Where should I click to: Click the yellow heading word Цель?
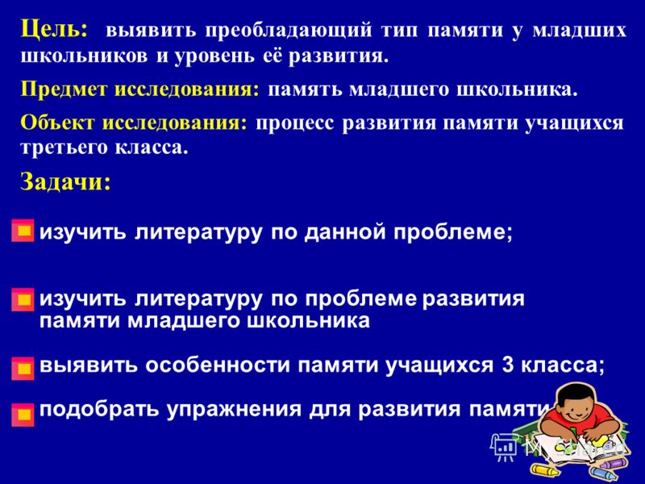pos(54,30)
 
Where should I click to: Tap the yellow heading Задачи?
pos(65,181)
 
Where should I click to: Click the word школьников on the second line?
pos(84,56)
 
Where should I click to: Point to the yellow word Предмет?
pos(64,90)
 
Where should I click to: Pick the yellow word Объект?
pos(57,123)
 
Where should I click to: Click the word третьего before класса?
pos(64,148)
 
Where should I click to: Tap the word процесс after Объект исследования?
pos(295,123)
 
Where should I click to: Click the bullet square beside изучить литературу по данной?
pos(23,231)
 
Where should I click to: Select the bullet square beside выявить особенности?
pos(23,368)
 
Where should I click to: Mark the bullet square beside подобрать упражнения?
pos(23,415)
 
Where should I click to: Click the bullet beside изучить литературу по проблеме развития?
pos(23,299)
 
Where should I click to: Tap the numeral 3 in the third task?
pos(508,365)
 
